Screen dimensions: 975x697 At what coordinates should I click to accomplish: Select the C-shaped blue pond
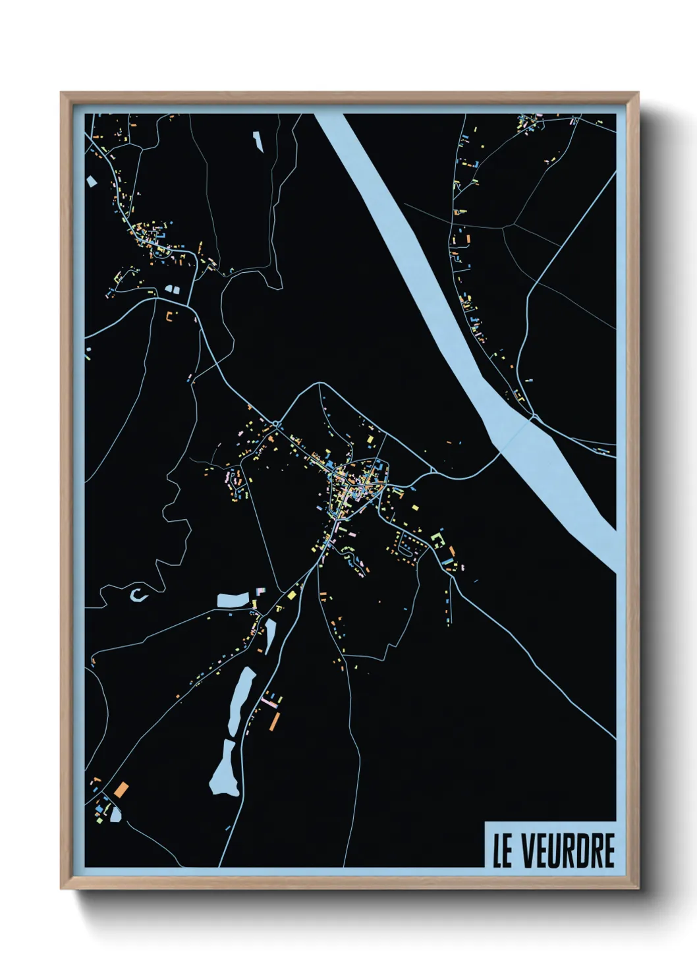[x=138, y=595]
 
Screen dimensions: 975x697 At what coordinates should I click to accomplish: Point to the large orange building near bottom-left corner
[x=121, y=789]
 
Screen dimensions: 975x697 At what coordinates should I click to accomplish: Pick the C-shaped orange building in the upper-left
[x=171, y=316]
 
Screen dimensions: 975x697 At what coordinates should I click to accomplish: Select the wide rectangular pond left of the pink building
[x=233, y=599]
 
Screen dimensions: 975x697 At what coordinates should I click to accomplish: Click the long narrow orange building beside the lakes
[x=275, y=721]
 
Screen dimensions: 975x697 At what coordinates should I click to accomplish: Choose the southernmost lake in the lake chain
[x=225, y=768]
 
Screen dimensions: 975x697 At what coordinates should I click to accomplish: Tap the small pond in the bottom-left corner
[x=116, y=815]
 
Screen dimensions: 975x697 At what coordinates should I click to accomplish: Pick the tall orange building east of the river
[x=468, y=238]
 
